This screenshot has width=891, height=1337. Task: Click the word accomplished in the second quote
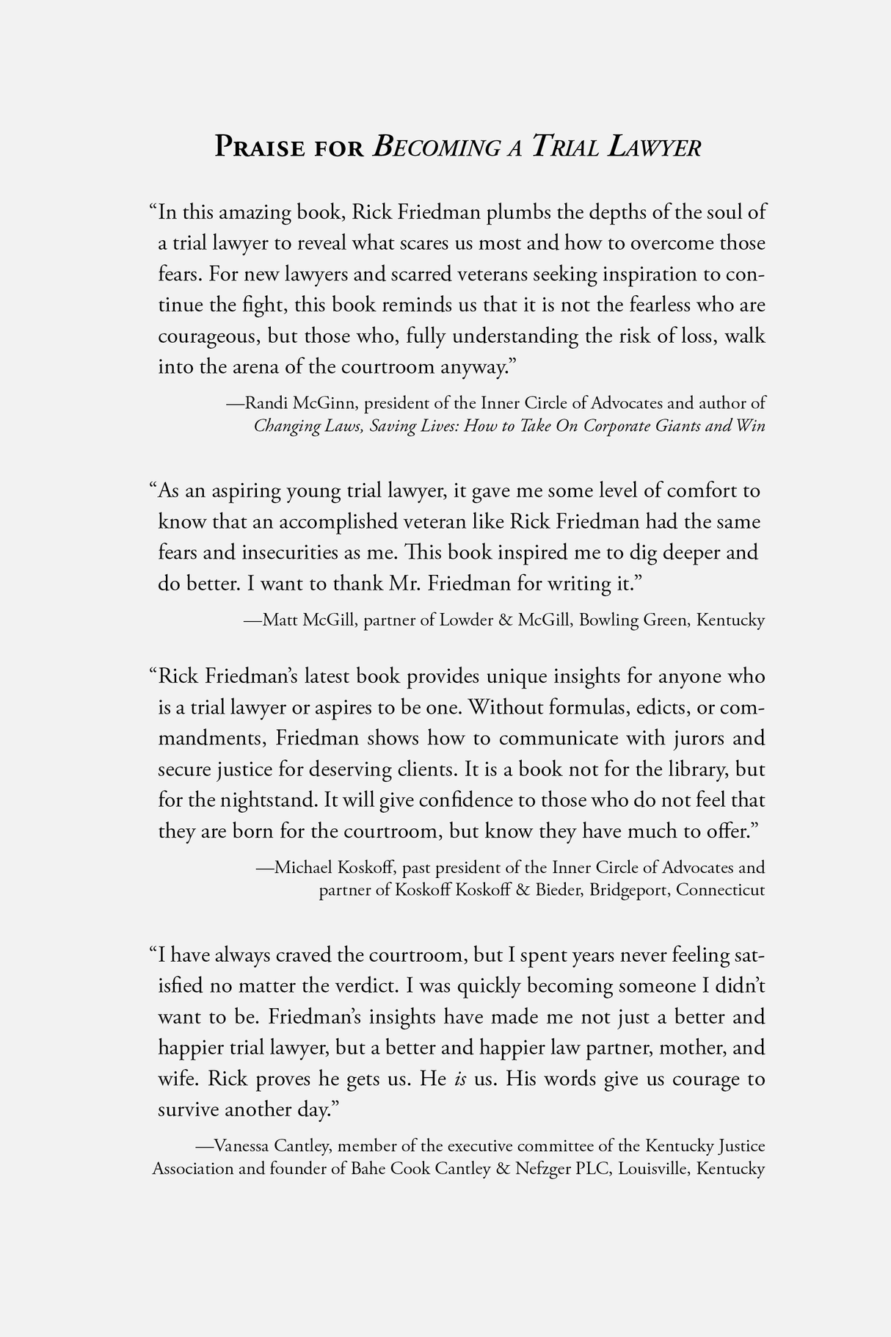[x=340, y=522]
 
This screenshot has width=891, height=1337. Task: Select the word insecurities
[x=287, y=553]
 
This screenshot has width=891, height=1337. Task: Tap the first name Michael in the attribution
[x=303, y=868]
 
